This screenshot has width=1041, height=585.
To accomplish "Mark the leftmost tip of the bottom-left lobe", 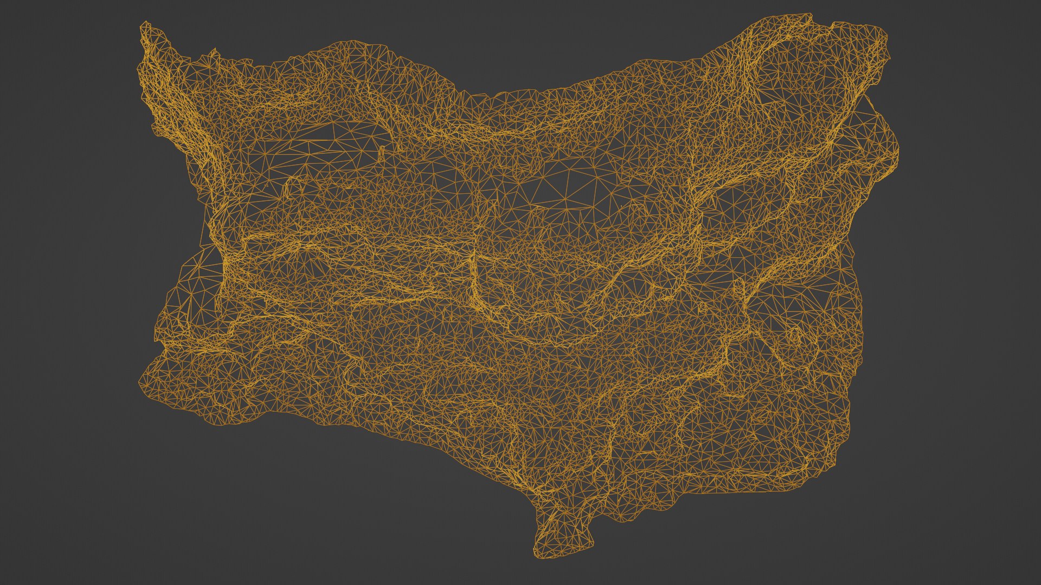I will pyautogui.click(x=140, y=382).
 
